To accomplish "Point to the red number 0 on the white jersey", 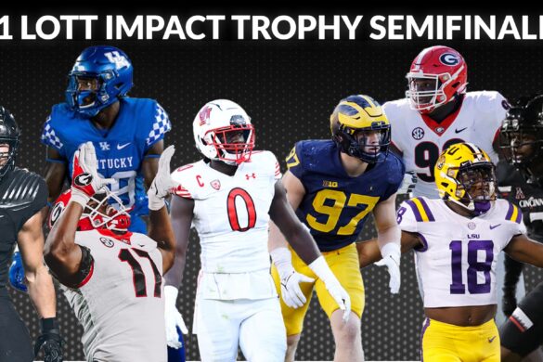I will [240, 209].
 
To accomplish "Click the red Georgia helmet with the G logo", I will [435, 74].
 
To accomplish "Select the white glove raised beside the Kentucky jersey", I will [161, 176].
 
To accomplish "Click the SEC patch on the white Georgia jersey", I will [419, 133].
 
